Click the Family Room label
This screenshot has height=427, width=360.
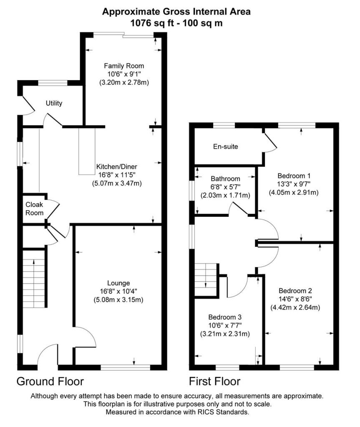click(124, 65)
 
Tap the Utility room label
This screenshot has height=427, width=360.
click(54, 103)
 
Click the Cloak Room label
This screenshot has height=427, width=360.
click(35, 208)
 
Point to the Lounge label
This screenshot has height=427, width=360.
click(118, 283)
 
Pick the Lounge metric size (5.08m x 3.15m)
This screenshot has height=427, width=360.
click(118, 300)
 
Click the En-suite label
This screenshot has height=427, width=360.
click(225, 147)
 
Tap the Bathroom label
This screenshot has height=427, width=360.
click(225, 178)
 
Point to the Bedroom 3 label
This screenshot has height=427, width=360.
click(225, 316)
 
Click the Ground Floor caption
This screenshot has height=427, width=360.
click(50, 381)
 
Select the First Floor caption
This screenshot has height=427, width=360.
click(214, 381)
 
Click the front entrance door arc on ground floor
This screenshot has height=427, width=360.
click(47, 354)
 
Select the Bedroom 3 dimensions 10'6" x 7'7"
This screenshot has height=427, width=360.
click(225, 325)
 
